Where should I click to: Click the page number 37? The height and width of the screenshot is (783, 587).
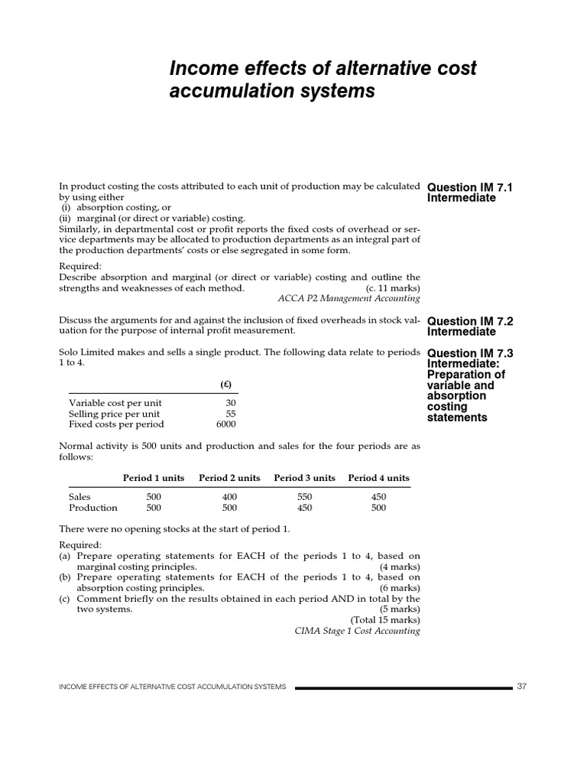522,687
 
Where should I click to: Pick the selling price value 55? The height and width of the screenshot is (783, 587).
231,414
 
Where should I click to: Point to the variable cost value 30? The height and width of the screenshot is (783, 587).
231,403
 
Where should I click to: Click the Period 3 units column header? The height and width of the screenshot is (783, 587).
304,478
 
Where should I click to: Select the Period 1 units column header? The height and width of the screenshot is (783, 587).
154,478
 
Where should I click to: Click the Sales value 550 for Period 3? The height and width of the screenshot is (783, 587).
304,496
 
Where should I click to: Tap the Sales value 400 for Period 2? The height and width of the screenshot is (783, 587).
229,496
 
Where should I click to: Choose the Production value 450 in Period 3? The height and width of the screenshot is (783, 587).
304,508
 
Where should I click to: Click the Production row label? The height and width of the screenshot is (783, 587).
93,508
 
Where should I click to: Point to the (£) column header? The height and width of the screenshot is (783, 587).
227,384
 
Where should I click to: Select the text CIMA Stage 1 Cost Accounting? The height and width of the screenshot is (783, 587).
357,631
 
